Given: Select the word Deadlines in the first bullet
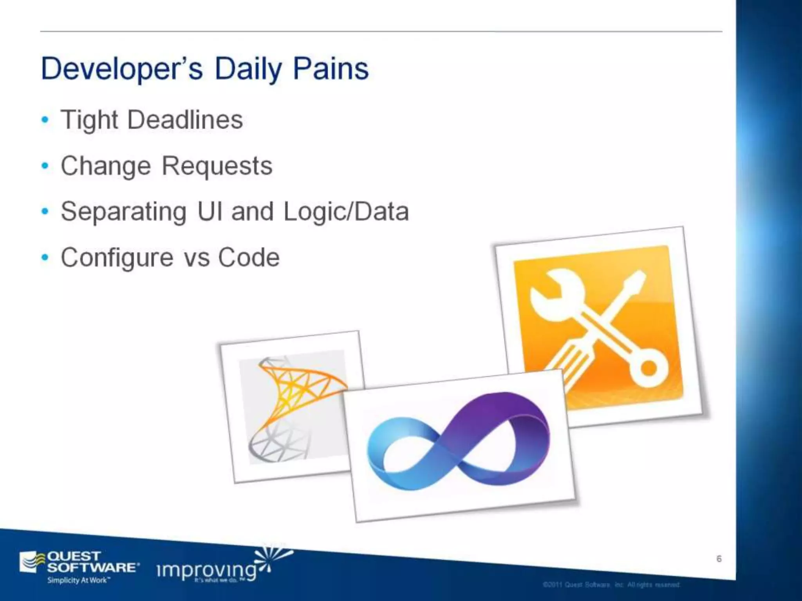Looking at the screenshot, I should [x=185, y=120].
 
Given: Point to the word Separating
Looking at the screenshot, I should [x=123, y=212].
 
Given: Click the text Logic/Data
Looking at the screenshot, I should [x=346, y=212].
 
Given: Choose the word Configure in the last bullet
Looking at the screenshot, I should [x=116, y=258].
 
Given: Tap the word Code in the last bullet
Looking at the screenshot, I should [x=249, y=258].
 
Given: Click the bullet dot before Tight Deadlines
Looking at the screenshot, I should [x=45, y=119].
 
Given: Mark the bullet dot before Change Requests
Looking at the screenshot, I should [x=45, y=166].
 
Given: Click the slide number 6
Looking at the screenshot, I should [x=719, y=559].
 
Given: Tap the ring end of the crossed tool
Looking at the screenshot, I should [x=648, y=368].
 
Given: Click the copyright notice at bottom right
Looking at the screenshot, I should [x=611, y=585].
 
